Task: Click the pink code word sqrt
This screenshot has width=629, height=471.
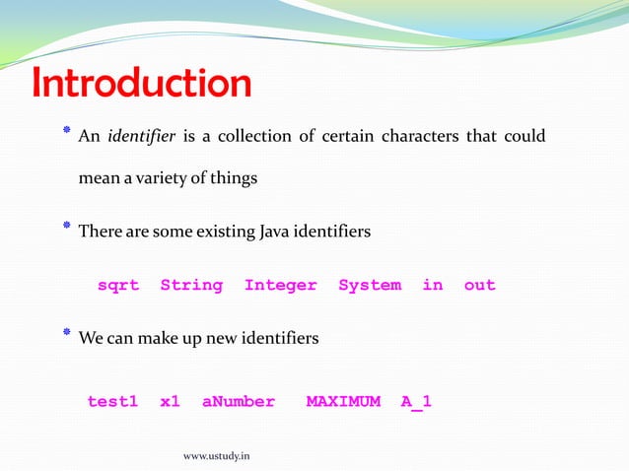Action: tap(118, 285)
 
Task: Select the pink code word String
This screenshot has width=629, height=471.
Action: tap(191, 285)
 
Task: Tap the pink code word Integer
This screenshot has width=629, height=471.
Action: tap(281, 285)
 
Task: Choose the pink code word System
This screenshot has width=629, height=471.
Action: tap(370, 285)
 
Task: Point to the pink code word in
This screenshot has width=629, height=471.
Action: tap(433, 285)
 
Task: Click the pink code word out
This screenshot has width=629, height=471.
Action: tap(479, 285)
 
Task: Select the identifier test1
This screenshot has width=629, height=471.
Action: tap(112, 401)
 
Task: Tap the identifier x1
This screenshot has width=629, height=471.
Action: tap(170, 401)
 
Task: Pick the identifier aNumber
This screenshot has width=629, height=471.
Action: tap(239, 401)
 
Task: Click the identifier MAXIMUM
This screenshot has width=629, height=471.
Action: tap(343, 401)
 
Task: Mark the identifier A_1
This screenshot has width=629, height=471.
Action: tap(416, 401)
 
